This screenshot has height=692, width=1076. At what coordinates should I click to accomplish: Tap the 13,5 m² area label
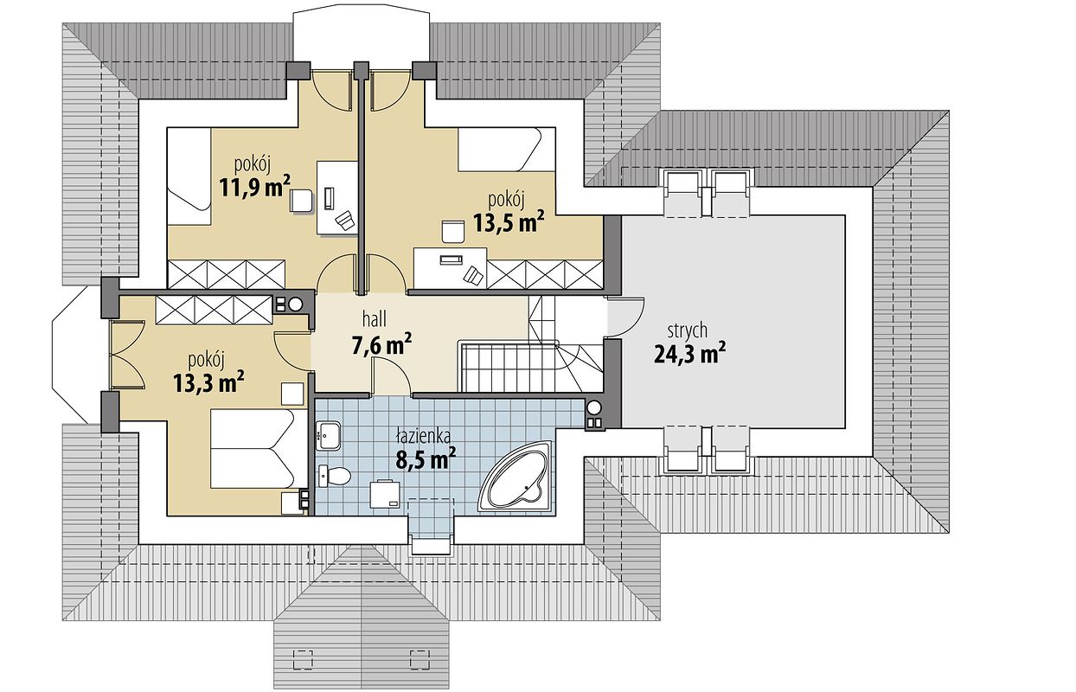[x=509, y=221]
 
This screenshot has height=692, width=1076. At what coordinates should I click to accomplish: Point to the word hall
[x=375, y=319]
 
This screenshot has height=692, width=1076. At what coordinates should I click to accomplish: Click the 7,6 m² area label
[x=381, y=344]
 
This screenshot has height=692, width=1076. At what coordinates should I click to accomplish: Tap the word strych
[x=688, y=331]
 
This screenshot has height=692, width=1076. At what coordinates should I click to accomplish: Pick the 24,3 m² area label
[x=689, y=354]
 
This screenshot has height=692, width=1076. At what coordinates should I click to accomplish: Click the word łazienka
[x=423, y=437]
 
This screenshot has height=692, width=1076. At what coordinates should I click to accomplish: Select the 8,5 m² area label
[x=426, y=458]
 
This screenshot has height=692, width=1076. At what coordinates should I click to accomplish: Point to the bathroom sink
[x=329, y=436]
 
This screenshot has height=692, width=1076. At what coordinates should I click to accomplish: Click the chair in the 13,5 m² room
[x=452, y=231]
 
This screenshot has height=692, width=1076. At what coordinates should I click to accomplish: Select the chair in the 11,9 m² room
[x=301, y=202]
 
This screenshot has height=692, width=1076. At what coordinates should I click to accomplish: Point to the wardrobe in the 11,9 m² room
[x=227, y=275]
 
